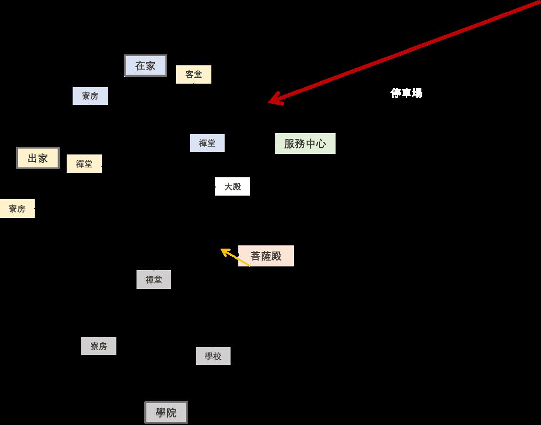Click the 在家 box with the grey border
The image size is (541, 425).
tap(145, 65)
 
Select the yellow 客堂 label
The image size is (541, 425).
tap(194, 74)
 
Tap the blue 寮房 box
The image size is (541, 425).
tap(90, 96)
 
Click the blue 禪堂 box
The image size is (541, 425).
tap(207, 143)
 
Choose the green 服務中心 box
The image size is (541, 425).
tap(305, 143)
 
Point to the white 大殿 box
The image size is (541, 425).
tap(232, 186)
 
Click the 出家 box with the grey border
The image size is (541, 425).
tap(38, 158)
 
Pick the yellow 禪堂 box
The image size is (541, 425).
tap(84, 164)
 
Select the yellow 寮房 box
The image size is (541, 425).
tap(17, 209)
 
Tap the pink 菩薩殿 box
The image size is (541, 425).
tap(266, 256)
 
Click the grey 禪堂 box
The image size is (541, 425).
tap(153, 280)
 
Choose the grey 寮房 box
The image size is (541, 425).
tap(99, 346)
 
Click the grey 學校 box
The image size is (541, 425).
tap(213, 356)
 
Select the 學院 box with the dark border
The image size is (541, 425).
tap(166, 413)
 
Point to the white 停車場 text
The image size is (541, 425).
tap(406, 93)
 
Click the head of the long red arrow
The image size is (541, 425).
tap(271, 102)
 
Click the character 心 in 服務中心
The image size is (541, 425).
tap(321, 143)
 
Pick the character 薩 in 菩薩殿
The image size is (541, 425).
tap(266, 256)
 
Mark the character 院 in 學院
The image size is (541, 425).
tap(171, 413)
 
